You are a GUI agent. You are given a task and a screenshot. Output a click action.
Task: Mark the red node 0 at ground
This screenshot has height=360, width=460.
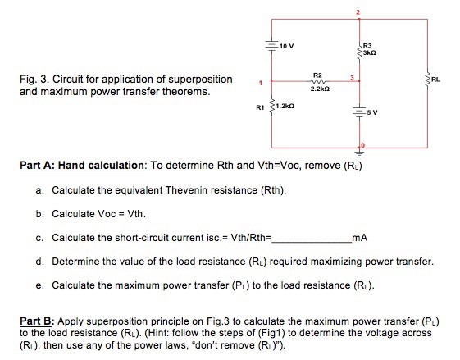[x=362, y=144]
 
